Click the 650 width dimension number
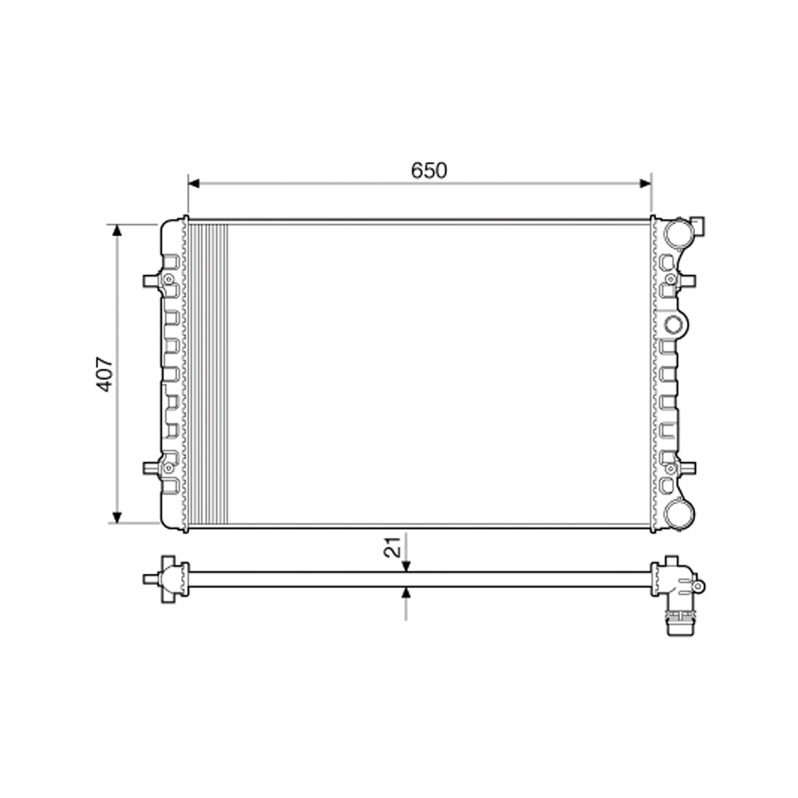tap(429, 170)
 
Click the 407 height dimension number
tap(105, 373)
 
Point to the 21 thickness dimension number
tap(392, 547)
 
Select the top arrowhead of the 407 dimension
tap(117, 231)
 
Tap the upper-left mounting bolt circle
tap(168, 279)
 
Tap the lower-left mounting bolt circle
tap(168, 468)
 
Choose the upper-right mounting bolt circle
tap(670, 279)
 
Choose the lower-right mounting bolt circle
tap(670, 468)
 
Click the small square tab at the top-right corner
tap(698, 226)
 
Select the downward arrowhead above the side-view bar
tap(406, 566)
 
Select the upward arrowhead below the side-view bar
tap(406, 593)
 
